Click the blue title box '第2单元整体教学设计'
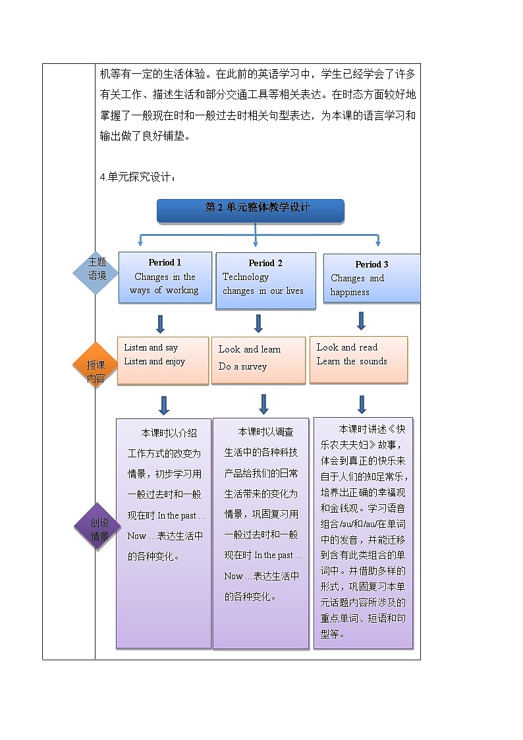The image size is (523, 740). coord(250,210)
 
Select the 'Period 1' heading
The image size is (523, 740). coord(165,262)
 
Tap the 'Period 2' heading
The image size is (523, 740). coord(265,263)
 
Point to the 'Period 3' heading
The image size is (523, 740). coord(372,264)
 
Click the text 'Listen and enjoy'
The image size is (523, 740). coord(154,362)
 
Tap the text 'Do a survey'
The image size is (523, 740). coord(242,366)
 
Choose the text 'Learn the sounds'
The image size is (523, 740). coord(352,361)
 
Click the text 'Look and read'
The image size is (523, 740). coord(347,347)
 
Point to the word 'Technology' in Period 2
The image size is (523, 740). coord(246,277)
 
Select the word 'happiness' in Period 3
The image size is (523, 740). coord(350,292)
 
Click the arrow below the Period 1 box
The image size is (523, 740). coord(160,324)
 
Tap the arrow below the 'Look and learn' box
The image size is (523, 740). coord(263,403)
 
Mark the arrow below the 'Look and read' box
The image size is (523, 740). coord(361,403)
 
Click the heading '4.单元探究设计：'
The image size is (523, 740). coord(138,177)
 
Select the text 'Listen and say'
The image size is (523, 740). coord(151,348)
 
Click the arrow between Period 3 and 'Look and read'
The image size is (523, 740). coord(361,321)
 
